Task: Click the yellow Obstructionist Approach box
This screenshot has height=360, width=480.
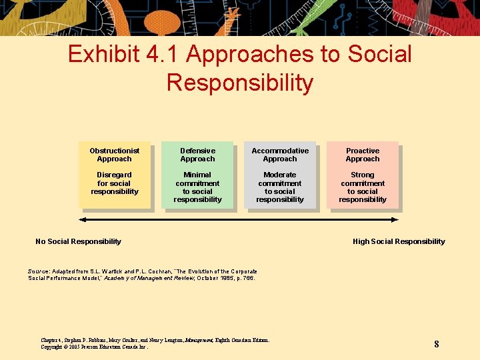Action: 114,175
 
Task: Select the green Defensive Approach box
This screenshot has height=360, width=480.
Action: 197,175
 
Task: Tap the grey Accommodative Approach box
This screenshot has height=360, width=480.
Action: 280,175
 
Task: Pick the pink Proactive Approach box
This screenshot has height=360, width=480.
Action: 363,175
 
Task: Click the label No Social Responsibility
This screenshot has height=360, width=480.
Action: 78,241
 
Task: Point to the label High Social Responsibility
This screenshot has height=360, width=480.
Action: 399,241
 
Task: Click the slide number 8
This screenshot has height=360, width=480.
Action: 436,344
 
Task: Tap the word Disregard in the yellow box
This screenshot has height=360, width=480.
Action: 114,175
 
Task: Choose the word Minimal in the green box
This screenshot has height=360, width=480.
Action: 197,175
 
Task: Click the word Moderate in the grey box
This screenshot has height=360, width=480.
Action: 280,175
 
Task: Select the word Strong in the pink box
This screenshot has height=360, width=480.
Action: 363,175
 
